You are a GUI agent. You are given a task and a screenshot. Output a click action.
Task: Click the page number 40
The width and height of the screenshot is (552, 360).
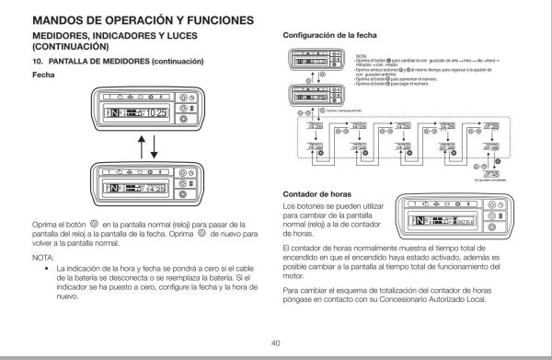pos(275,343)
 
